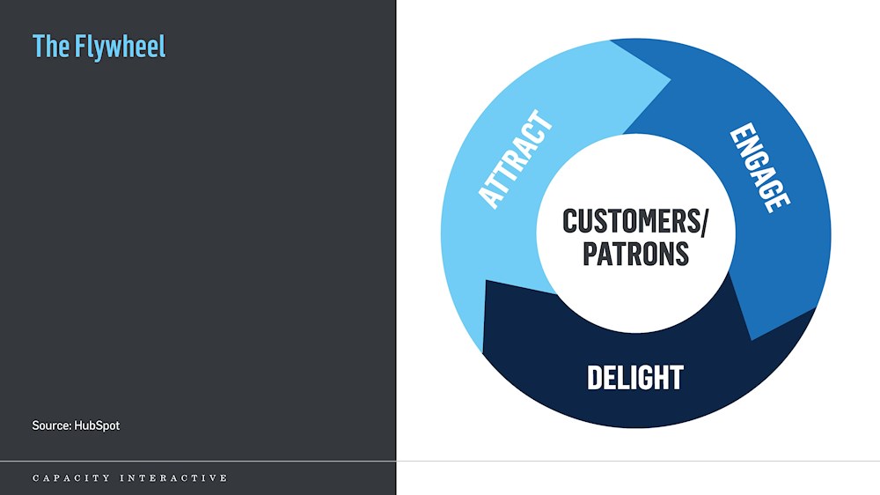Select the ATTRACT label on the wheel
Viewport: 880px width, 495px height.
click(x=516, y=159)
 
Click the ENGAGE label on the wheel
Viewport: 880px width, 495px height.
click(x=760, y=167)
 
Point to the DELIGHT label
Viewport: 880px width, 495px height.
click(x=635, y=378)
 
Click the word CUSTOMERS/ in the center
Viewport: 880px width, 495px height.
click(x=635, y=221)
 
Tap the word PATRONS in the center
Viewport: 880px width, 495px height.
click(x=636, y=254)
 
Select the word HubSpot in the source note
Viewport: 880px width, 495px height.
click(x=97, y=426)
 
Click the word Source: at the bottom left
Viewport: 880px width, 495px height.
click(x=52, y=425)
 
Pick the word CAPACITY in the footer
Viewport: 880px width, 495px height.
click(x=71, y=478)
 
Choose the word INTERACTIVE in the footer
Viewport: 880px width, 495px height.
click(x=173, y=478)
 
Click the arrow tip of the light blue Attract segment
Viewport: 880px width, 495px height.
click(x=671, y=80)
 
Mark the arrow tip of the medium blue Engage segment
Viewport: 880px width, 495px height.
click(x=752, y=340)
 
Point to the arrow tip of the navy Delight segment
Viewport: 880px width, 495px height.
click(x=486, y=280)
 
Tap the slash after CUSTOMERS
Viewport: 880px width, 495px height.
click(x=702, y=221)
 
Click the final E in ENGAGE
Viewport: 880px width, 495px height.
click(x=780, y=201)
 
